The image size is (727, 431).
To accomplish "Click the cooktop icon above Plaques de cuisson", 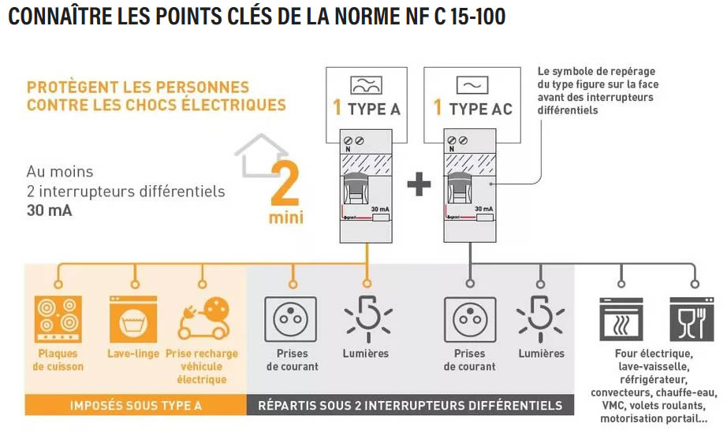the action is coord(58,319).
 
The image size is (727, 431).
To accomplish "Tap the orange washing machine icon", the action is coord(133,319).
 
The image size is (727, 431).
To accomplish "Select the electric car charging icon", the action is coord(204,319).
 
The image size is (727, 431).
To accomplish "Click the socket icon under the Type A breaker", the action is coord(291,319).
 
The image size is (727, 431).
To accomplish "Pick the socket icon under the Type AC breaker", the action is coord(470,319).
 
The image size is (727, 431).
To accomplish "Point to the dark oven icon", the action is coord(621,319).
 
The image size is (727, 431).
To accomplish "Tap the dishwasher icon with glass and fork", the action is coord(692,319).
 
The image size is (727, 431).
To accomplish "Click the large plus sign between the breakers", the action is coord(419,184).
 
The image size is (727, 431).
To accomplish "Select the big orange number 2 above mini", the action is coord(285,184).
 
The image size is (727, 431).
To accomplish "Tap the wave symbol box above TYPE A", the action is coord(367,85).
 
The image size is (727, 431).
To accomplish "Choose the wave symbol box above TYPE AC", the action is coord(472,85).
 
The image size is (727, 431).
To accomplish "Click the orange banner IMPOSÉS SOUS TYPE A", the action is coord(136,406).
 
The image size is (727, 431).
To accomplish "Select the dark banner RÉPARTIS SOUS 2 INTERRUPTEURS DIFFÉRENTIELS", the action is coord(410,406).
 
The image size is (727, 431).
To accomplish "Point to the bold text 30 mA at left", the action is coord(49,210).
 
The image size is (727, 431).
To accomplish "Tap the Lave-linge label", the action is coord(133,354).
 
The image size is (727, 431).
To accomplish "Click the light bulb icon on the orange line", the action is coord(368,319).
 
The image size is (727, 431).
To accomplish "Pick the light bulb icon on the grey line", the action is coord(541,319).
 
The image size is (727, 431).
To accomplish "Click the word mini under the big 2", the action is coord(286,217).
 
